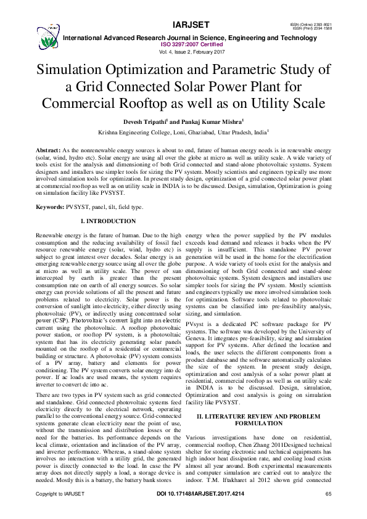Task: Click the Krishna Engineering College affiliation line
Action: point(183,133)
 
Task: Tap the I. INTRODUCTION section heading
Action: point(109,221)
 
